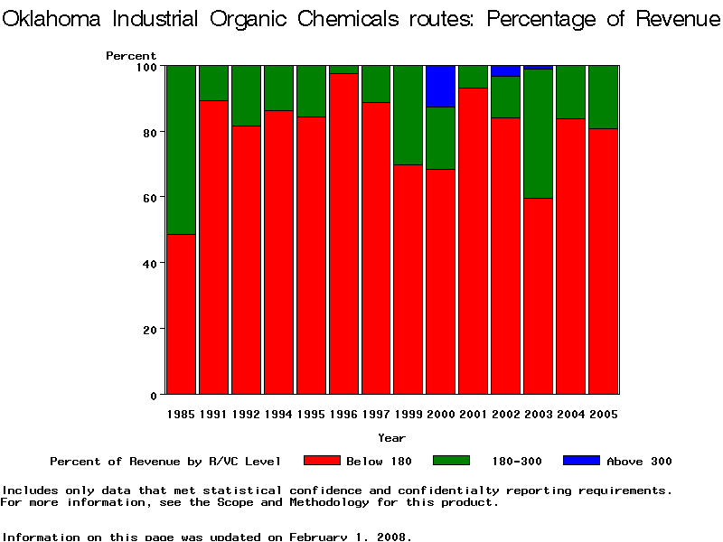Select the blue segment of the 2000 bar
[x=441, y=86]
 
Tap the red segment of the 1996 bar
[x=343, y=235]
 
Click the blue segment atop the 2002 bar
[x=506, y=70]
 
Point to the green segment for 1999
[x=408, y=116]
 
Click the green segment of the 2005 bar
[x=604, y=98]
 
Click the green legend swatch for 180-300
[x=452, y=461]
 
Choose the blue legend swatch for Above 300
[x=581, y=461]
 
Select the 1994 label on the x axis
[x=278, y=415]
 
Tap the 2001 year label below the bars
[x=474, y=415]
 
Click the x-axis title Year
[x=391, y=438]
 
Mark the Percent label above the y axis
[x=131, y=56]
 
